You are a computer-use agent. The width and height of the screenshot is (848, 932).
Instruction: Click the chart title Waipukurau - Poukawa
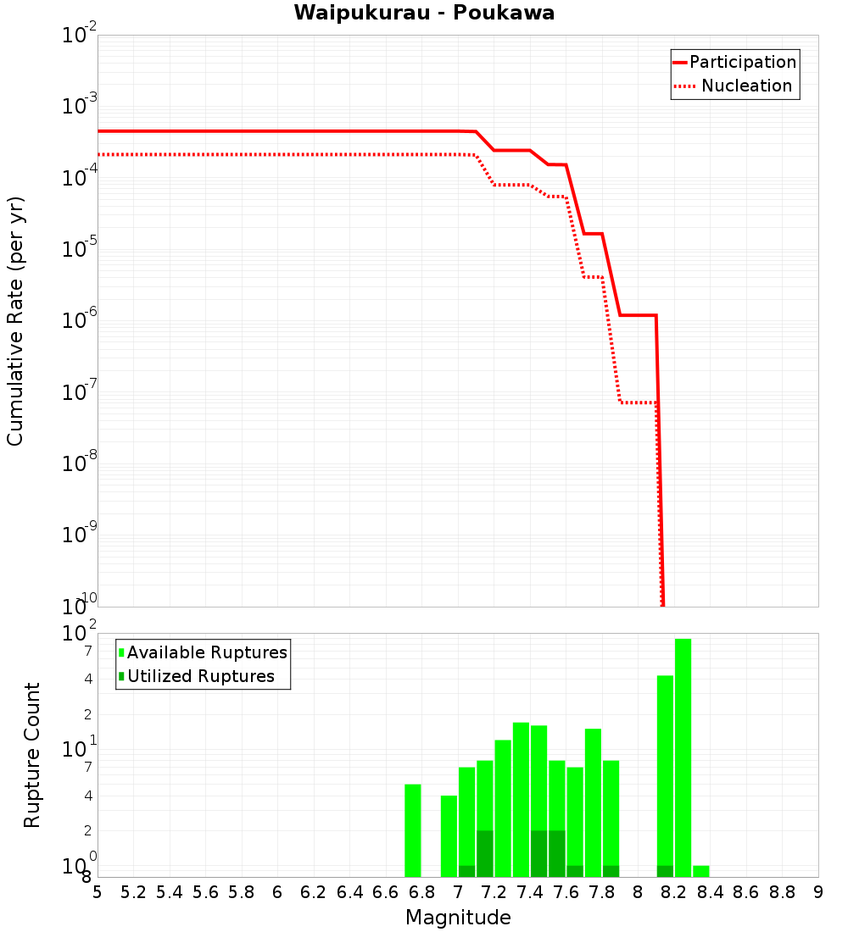click(x=424, y=13)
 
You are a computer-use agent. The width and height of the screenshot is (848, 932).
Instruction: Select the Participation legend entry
click(x=734, y=62)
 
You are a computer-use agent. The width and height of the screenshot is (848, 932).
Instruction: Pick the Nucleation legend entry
click(x=734, y=86)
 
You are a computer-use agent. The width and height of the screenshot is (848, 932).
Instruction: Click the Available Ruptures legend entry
click(x=203, y=652)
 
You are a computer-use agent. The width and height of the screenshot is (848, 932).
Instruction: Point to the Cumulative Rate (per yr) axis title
click(x=15, y=320)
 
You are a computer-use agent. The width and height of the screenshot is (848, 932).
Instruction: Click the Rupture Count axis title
click(x=32, y=755)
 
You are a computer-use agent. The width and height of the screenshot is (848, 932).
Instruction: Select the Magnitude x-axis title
click(x=458, y=917)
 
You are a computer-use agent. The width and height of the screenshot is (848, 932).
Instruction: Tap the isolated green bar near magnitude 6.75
click(x=413, y=830)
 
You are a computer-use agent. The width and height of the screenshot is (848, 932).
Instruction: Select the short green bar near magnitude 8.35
click(x=700, y=871)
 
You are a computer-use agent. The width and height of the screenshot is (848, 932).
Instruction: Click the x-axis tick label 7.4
click(x=530, y=892)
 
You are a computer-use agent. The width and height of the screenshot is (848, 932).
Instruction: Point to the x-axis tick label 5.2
click(x=134, y=892)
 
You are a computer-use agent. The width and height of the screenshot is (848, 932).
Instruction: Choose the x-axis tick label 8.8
click(x=782, y=892)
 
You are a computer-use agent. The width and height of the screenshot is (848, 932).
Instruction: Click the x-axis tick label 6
click(x=277, y=892)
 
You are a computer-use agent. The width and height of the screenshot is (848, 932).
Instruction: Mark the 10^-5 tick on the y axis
click(x=80, y=249)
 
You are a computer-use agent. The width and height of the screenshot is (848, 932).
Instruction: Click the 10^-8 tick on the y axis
click(x=80, y=463)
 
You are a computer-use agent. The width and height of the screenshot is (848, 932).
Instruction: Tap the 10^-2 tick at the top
click(x=80, y=36)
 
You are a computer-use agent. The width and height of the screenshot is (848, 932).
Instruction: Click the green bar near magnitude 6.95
click(x=449, y=835)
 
